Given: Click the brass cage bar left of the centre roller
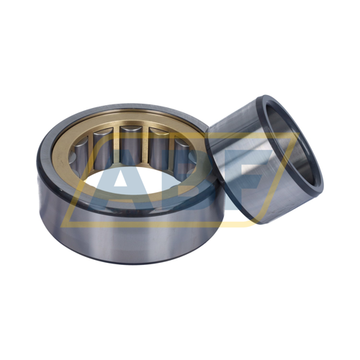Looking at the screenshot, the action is pos(116,145).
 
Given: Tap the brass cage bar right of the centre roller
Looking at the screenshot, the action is pos(144,145).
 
